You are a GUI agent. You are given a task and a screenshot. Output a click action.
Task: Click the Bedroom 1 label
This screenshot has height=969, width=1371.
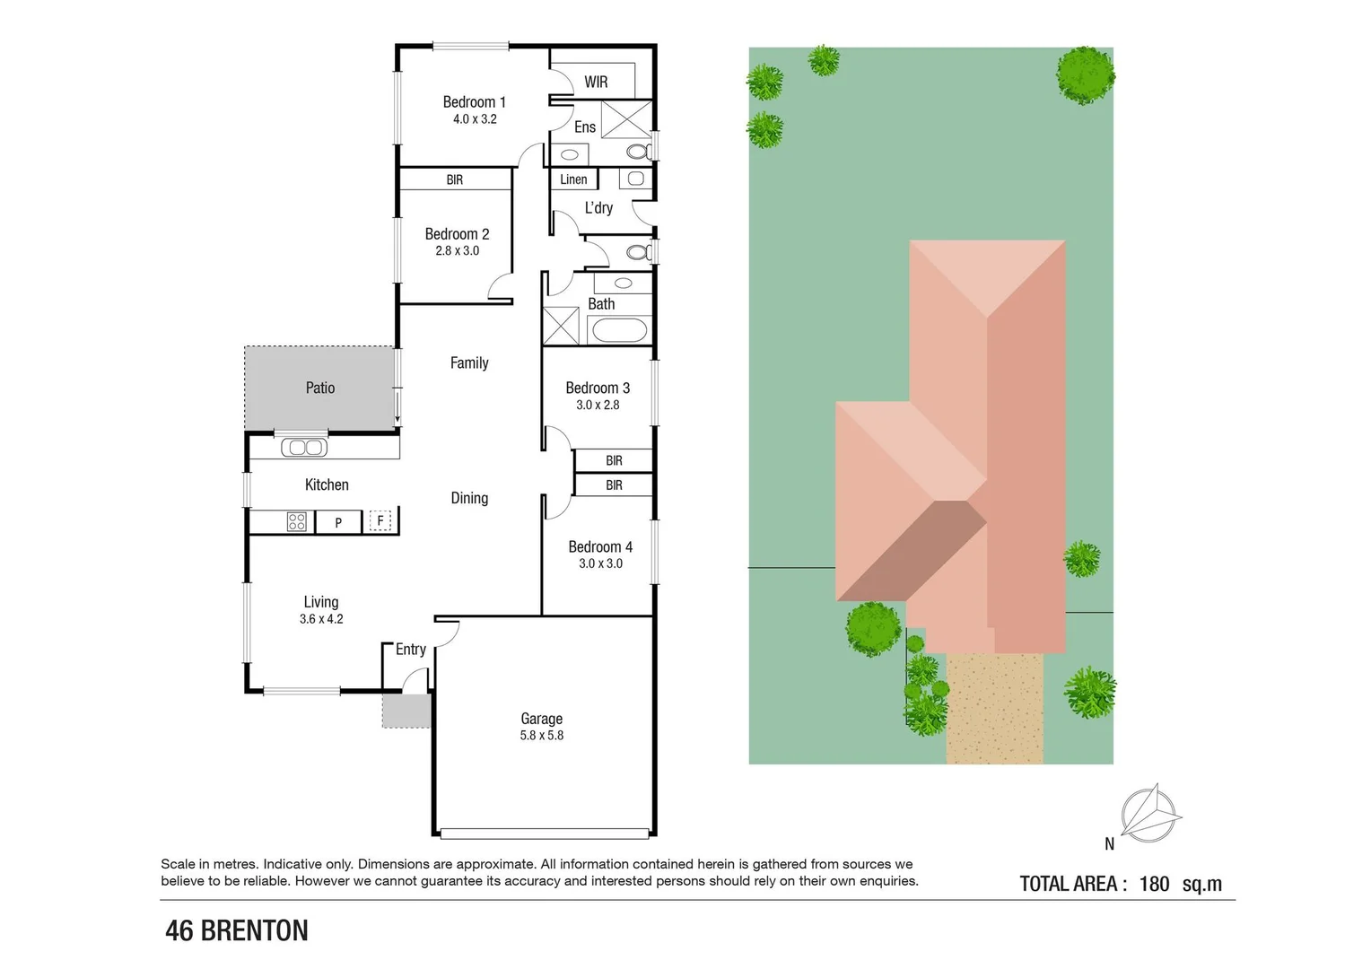pyautogui.click(x=474, y=102)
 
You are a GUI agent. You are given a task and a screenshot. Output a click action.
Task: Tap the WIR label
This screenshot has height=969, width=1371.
pyautogui.click(x=596, y=82)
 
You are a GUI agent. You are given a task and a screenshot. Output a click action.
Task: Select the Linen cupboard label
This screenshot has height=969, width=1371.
pyautogui.click(x=573, y=179)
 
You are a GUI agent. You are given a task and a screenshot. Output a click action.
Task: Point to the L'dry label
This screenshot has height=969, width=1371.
pyautogui.click(x=598, y=208)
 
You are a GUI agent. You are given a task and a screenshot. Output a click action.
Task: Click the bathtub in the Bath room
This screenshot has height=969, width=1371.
pyautogui.click(x=619, y=330)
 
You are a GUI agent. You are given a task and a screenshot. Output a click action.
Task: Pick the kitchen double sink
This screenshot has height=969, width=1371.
pyautogui.click(x=304, y=447)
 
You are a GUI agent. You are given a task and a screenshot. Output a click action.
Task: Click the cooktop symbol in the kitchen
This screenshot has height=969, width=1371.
pyautogui.click(x=297, y=521)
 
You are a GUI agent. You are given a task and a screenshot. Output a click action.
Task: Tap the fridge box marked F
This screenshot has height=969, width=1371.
pyautogui.click(x=380, y=520)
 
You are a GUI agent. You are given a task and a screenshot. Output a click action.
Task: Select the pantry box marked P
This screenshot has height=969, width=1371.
pyautogui.click(x=338, y=522)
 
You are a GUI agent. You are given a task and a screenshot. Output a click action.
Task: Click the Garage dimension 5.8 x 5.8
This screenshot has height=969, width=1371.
pyautogui.click(x=541, y=736)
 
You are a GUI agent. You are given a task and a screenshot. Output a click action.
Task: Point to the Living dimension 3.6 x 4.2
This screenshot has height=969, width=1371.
pyautogui.click(x=321, y=619)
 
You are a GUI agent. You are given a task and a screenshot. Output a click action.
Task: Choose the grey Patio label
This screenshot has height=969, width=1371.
pyautogui.click(x=320, y=388)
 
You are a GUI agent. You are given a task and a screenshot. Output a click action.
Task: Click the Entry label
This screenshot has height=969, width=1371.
pyautogui.click(x=411, y=650)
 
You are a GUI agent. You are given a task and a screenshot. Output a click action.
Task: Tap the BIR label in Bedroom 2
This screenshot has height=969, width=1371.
pyautogui.click(x=455, y=179)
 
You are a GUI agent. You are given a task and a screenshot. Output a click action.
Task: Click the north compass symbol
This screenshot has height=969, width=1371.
pyautogui.click(x=1150, y=814)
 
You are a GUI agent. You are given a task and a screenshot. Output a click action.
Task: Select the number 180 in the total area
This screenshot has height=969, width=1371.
pyautogui.click(x=1154, y=884)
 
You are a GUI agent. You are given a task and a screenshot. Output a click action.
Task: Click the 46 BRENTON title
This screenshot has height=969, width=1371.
pyautogui.click(x=237, y=931)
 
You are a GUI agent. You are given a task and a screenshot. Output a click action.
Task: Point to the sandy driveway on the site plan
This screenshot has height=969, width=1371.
pyautogui.click(x=994, y=709)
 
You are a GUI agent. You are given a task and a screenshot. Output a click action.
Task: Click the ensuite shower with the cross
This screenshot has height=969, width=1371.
pyautogui.click(x=626, y=120)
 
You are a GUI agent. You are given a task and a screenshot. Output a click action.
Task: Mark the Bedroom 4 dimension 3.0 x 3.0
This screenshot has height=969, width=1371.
pyautogui.click(x=600, y=563)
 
